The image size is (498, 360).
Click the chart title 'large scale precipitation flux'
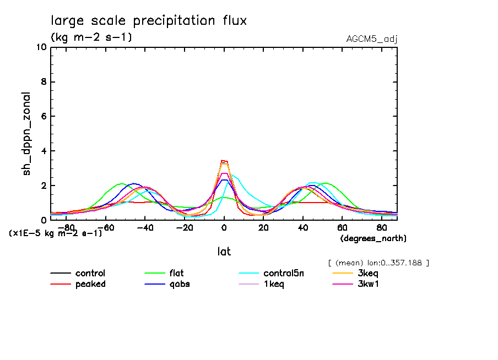149,21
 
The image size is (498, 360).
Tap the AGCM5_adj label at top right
372,39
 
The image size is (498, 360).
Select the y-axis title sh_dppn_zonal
26,134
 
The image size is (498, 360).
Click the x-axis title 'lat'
224,252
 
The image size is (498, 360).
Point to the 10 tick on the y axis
40,47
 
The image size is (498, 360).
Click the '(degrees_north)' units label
373,238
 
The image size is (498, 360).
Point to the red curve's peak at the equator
223,161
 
